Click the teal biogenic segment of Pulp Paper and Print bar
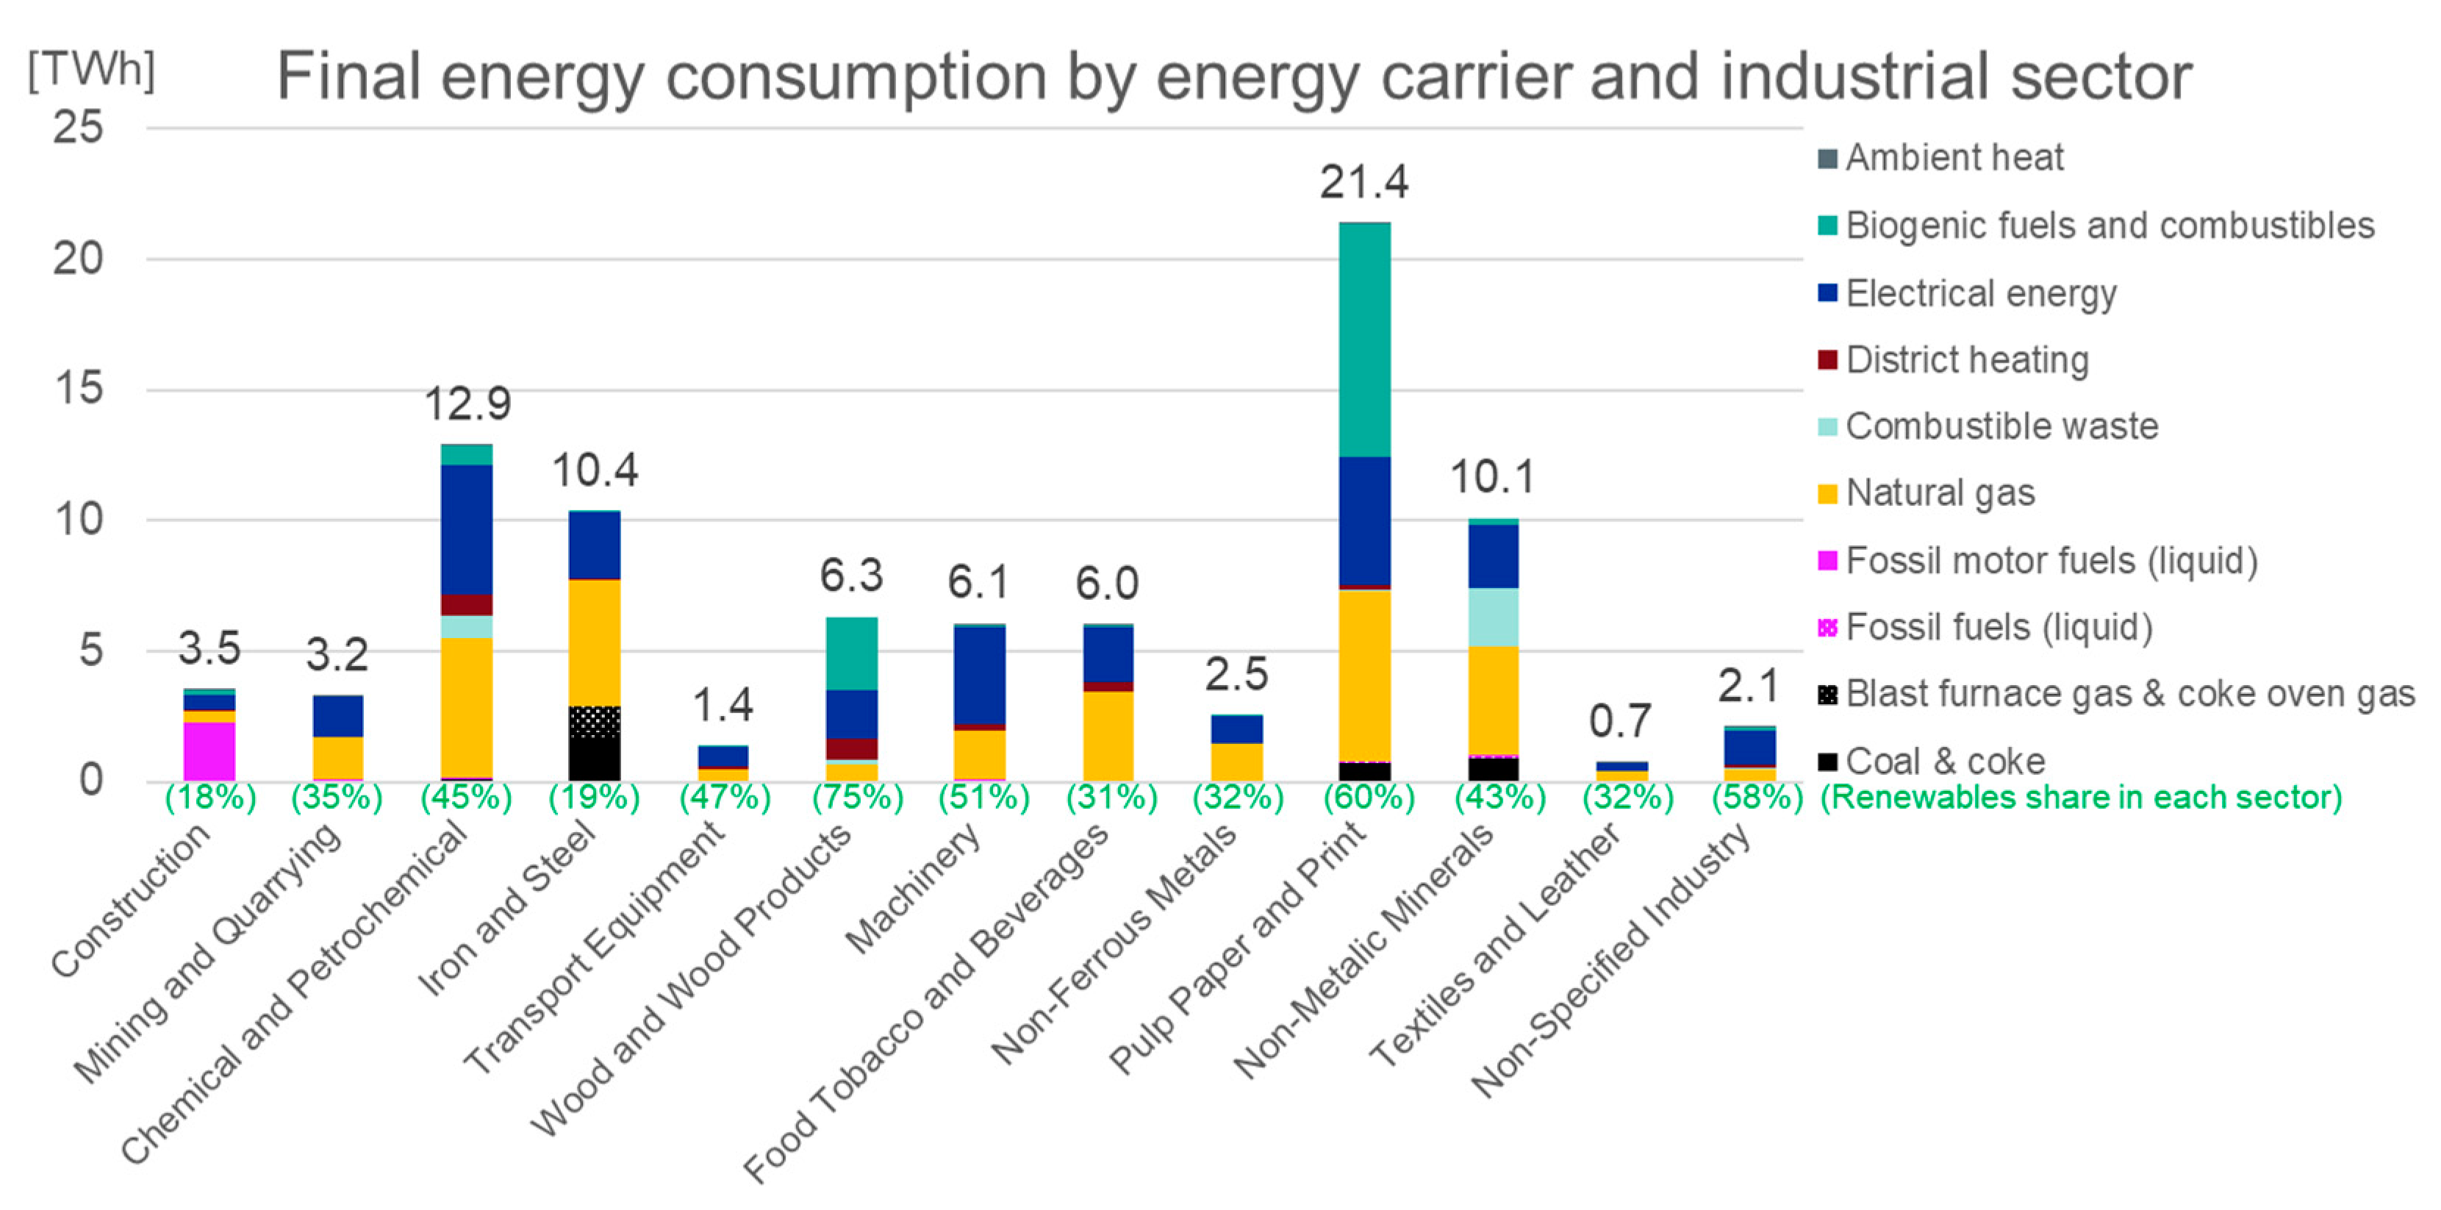pyautogui.click(x=1364, y=339)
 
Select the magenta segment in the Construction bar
pyautogui.click(x=209, y=751)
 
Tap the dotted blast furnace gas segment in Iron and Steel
pyautogui.click(x=594, y=722)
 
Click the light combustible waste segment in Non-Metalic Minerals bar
pyautogui.click(x=1493, y=617)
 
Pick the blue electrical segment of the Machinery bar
pyautogui.click(x=979, y=675)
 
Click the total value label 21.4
pyautogui.click(x=1363, y=182)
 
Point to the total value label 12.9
pyautogui.click(x=467, y=404)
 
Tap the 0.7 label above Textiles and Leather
pyautogui.click(x=1621, y=722)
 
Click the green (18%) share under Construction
pyautogui.click(x=210, y=798)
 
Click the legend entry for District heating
pyautogui.click(x=1966, y=360)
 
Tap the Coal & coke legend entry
pyautogui.click(x=1944, y=761)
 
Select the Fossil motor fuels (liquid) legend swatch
pyautogui.click(x=1828, y=560)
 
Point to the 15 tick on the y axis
pyautogui.click(x=79, y=388)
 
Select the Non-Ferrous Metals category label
pyautogui.click(x=1114, y=943)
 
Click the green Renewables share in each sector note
pyautogui.click(x=2081, y=798)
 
